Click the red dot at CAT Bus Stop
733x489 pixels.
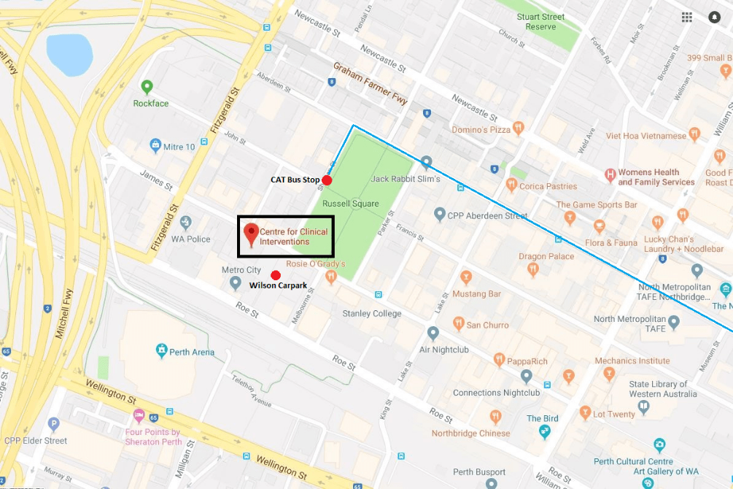point(327,180)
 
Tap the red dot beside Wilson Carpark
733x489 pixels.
point(276,274)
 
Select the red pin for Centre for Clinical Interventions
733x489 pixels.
point(252,233)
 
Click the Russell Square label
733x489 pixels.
point(350,204)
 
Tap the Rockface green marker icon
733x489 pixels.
point(147,88)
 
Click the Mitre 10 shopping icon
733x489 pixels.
point(155,146)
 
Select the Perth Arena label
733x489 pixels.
point(192,353)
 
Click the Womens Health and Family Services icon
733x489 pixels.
point(610,175)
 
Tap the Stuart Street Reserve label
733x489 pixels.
point(541,22)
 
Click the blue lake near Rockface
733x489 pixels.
point(70,54)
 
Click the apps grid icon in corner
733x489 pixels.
point(687,18)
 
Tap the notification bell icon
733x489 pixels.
point(714,18)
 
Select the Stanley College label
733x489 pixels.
point(372,314)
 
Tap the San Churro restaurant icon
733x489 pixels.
point(458,323)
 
